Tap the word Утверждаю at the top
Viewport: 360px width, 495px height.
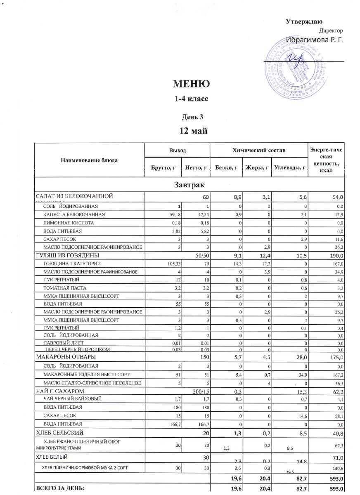(304, 22)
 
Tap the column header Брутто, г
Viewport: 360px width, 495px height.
(163, 168)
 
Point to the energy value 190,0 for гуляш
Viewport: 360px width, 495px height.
(335, 255)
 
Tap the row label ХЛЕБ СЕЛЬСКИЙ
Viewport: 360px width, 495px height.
(61, 432)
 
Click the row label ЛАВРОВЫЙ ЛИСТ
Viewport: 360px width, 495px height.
(64, 343)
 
